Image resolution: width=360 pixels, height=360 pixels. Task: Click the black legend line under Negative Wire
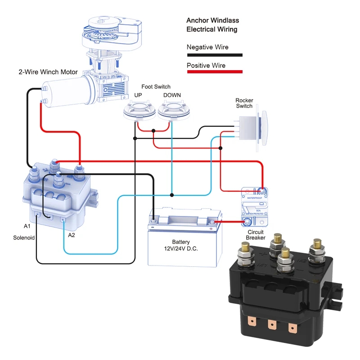click(215, 55)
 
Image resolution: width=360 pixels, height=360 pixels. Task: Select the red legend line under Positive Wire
click(215, 72)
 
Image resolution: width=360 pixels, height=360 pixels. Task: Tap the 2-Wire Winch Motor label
click(48, 72)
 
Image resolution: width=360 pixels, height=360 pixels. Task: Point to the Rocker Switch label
click(244, 103)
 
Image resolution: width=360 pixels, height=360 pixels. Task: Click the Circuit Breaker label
click(255, 234)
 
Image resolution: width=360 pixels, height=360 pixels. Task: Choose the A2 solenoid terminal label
click(72, 235)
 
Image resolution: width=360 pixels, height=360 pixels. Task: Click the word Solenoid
click(24, 237)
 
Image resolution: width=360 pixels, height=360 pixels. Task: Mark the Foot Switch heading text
click(156, 87)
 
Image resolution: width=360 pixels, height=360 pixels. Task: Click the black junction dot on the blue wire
click(172, 195)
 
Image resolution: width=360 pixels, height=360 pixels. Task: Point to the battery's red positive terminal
click(216, 222)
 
